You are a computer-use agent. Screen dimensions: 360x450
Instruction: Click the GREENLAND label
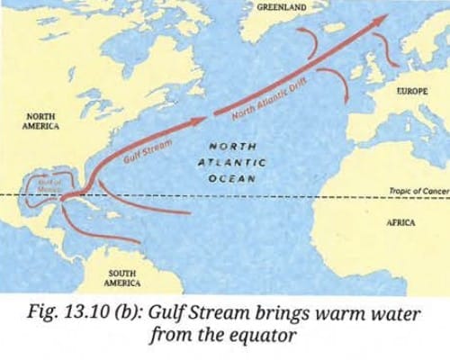pyautogui.click(x=281, y=6)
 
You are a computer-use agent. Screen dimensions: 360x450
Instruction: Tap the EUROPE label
pyautogui.click(x=411, y=92)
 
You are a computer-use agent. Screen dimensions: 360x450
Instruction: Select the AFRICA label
pyautogui.click(x=400, y=221)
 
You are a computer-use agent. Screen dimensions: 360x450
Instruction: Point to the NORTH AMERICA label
pyautogui.click(x=41, y=121)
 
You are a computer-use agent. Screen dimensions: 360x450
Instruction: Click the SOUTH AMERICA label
pyautogui.click(x=121, y=276)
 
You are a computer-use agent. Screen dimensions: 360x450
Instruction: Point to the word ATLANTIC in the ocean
pyautogui.click(x=231, y=161)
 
